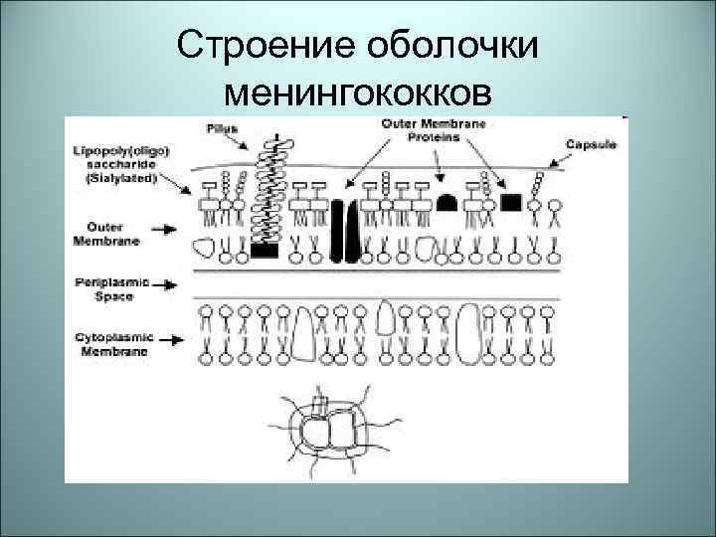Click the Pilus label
point(222,129)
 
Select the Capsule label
point(591,144)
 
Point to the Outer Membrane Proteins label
point(420,130)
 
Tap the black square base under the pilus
point(265,251)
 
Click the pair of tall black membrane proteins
point(343,231)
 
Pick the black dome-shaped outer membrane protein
point(447,203)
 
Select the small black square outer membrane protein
point(511,203)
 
